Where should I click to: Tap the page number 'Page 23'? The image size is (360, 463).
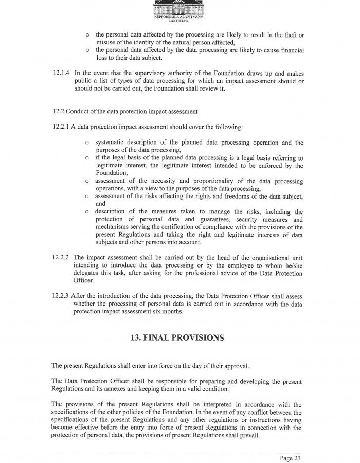pyautogui.click(x=290, y=457)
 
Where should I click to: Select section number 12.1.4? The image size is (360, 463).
pyautogui.click(x=62, y=74)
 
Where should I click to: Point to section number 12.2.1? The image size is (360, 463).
pyautogui.click(x=61, y=127)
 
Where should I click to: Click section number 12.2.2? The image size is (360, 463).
pyautogui.click(x=61, y=257)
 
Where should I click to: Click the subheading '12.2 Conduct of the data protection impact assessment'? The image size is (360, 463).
pyautogui.click(x=125, y=111)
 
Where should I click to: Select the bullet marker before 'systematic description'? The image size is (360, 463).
pyautogui.click(x=87, y=143)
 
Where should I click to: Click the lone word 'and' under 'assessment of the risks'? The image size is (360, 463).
pyautogui.click(x=100, y=204)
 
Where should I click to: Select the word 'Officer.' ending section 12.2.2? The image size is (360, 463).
pyautogui.click(x=78, y=281)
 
